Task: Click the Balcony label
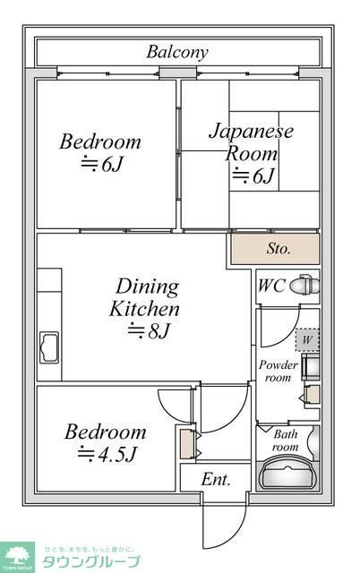point(177,52)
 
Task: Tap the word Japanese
point(252,131)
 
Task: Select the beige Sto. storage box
point(274,249)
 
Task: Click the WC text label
point(271,286)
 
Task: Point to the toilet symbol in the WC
point(305,286)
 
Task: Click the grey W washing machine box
point(306,340)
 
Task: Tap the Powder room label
point(278,372)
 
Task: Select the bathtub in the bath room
point(288,472)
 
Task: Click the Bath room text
point(285,440)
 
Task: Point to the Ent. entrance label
point(215,480)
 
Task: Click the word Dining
point(147,287)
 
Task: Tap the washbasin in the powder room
point(312,367)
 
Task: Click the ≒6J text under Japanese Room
point(253,175)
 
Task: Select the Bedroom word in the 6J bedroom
point(100,141)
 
